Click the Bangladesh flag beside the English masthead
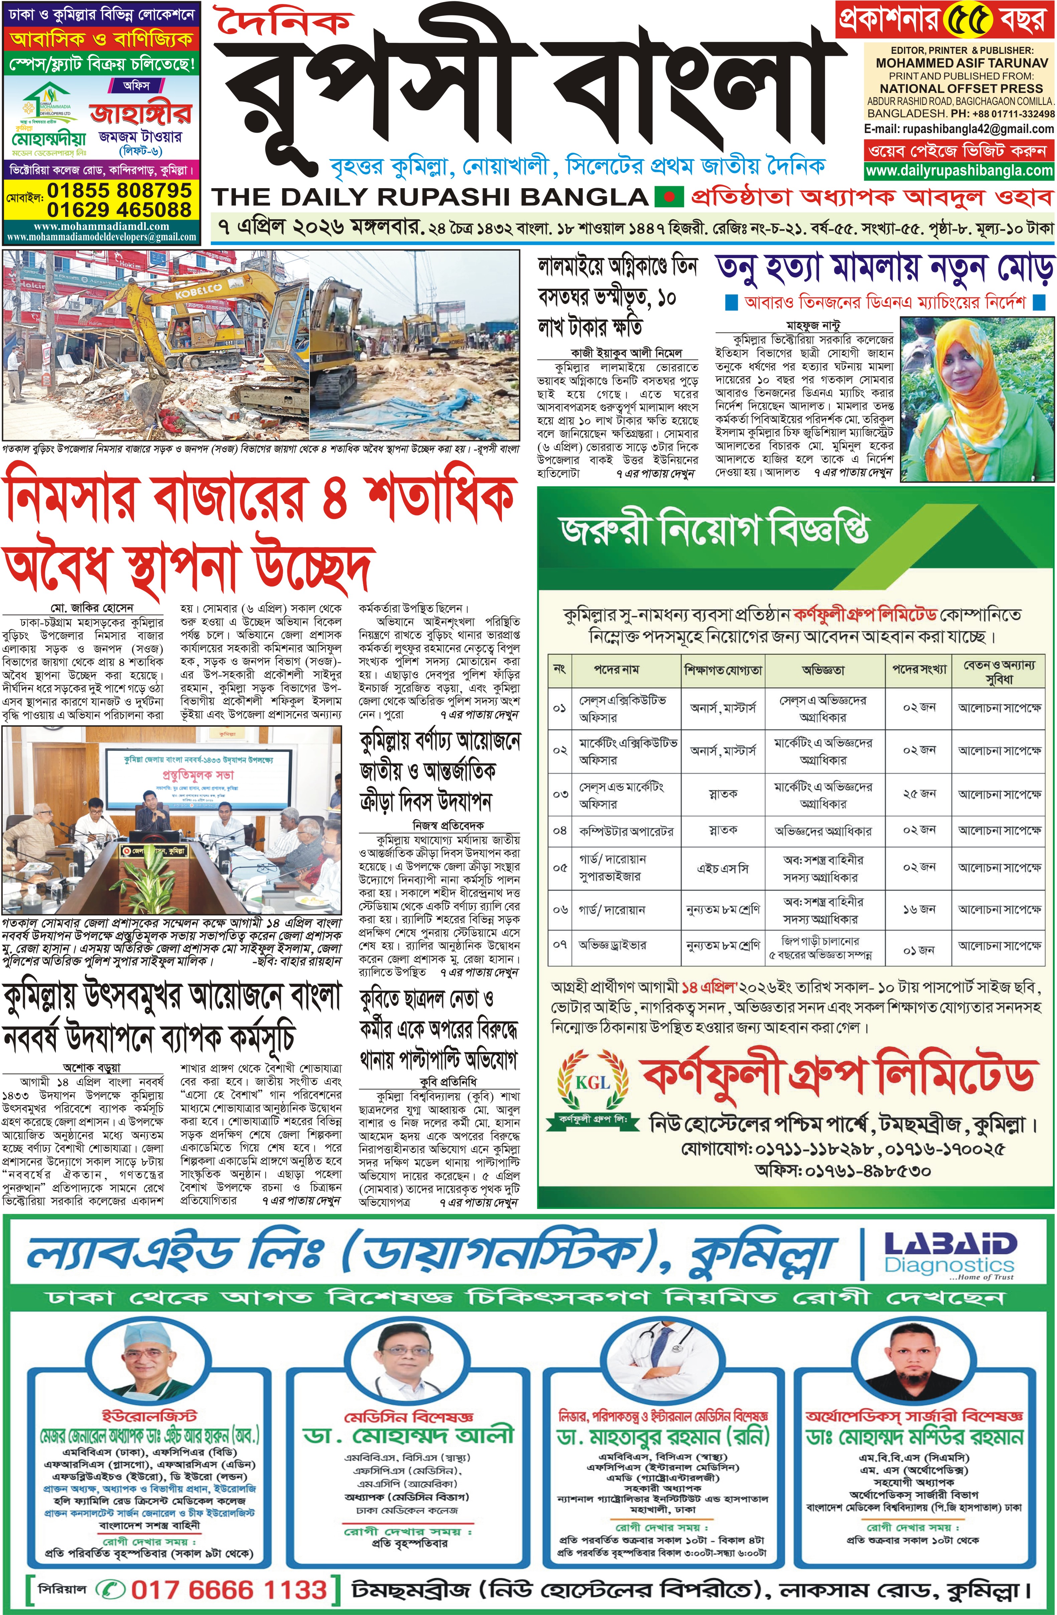point(668,198)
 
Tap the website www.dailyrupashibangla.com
point(959,171)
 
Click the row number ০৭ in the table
point(560,945)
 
